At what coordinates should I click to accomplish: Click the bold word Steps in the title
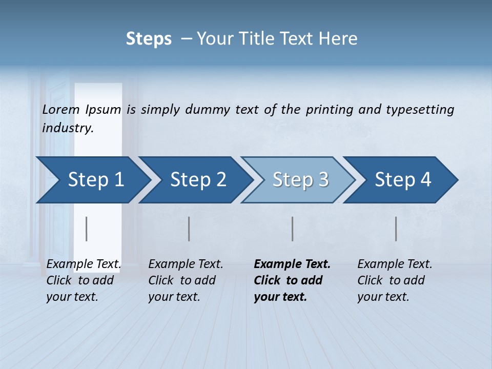coord(149,39)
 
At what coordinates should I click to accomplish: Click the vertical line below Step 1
coord(86,229)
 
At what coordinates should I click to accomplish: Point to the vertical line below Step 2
coord(189,229)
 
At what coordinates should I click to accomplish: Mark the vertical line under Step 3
coord(292,229)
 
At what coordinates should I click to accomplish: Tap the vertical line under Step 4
coord(396,229)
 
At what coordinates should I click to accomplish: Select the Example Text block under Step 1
coord(83,280)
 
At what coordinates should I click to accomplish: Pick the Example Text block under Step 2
coord(185,280)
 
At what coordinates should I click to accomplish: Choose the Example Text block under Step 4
coord(394,280)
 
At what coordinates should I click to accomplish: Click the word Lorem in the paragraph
coord(60,109)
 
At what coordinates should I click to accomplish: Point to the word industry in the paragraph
coord(68,128)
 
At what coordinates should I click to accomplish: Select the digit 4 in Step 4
coord(425,179)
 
